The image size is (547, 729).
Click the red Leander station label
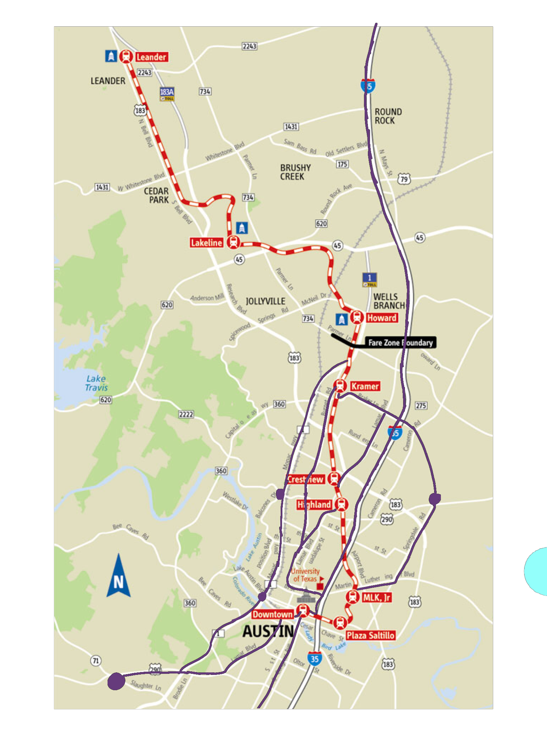tap(151, 57)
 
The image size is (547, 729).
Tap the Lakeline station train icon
tap(233, 242)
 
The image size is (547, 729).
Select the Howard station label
tap(381, 318)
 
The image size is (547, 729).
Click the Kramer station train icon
tap(340, 386)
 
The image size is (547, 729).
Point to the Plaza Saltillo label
tap(370, 635)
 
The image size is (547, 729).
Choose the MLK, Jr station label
tap(376, 597)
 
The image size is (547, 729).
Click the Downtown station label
tap(272, 614)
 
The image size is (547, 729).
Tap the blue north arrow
tap(119, 577)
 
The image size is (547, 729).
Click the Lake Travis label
tap(96, 383)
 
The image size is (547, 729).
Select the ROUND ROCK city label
tap(388, 116)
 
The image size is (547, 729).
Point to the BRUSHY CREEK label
tap(295, 172)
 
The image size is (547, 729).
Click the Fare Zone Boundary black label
tap(400, 342)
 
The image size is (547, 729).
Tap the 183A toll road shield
tap(167, 94)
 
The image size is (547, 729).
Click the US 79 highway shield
tap(404, 179)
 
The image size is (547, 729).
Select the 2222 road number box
tap(186, 414)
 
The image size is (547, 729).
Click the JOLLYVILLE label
tap(265, 301)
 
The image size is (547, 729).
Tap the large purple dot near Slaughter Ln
tap(116, 681)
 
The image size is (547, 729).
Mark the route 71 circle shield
tap(95, 661)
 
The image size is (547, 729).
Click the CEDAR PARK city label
tap(156, 195)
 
